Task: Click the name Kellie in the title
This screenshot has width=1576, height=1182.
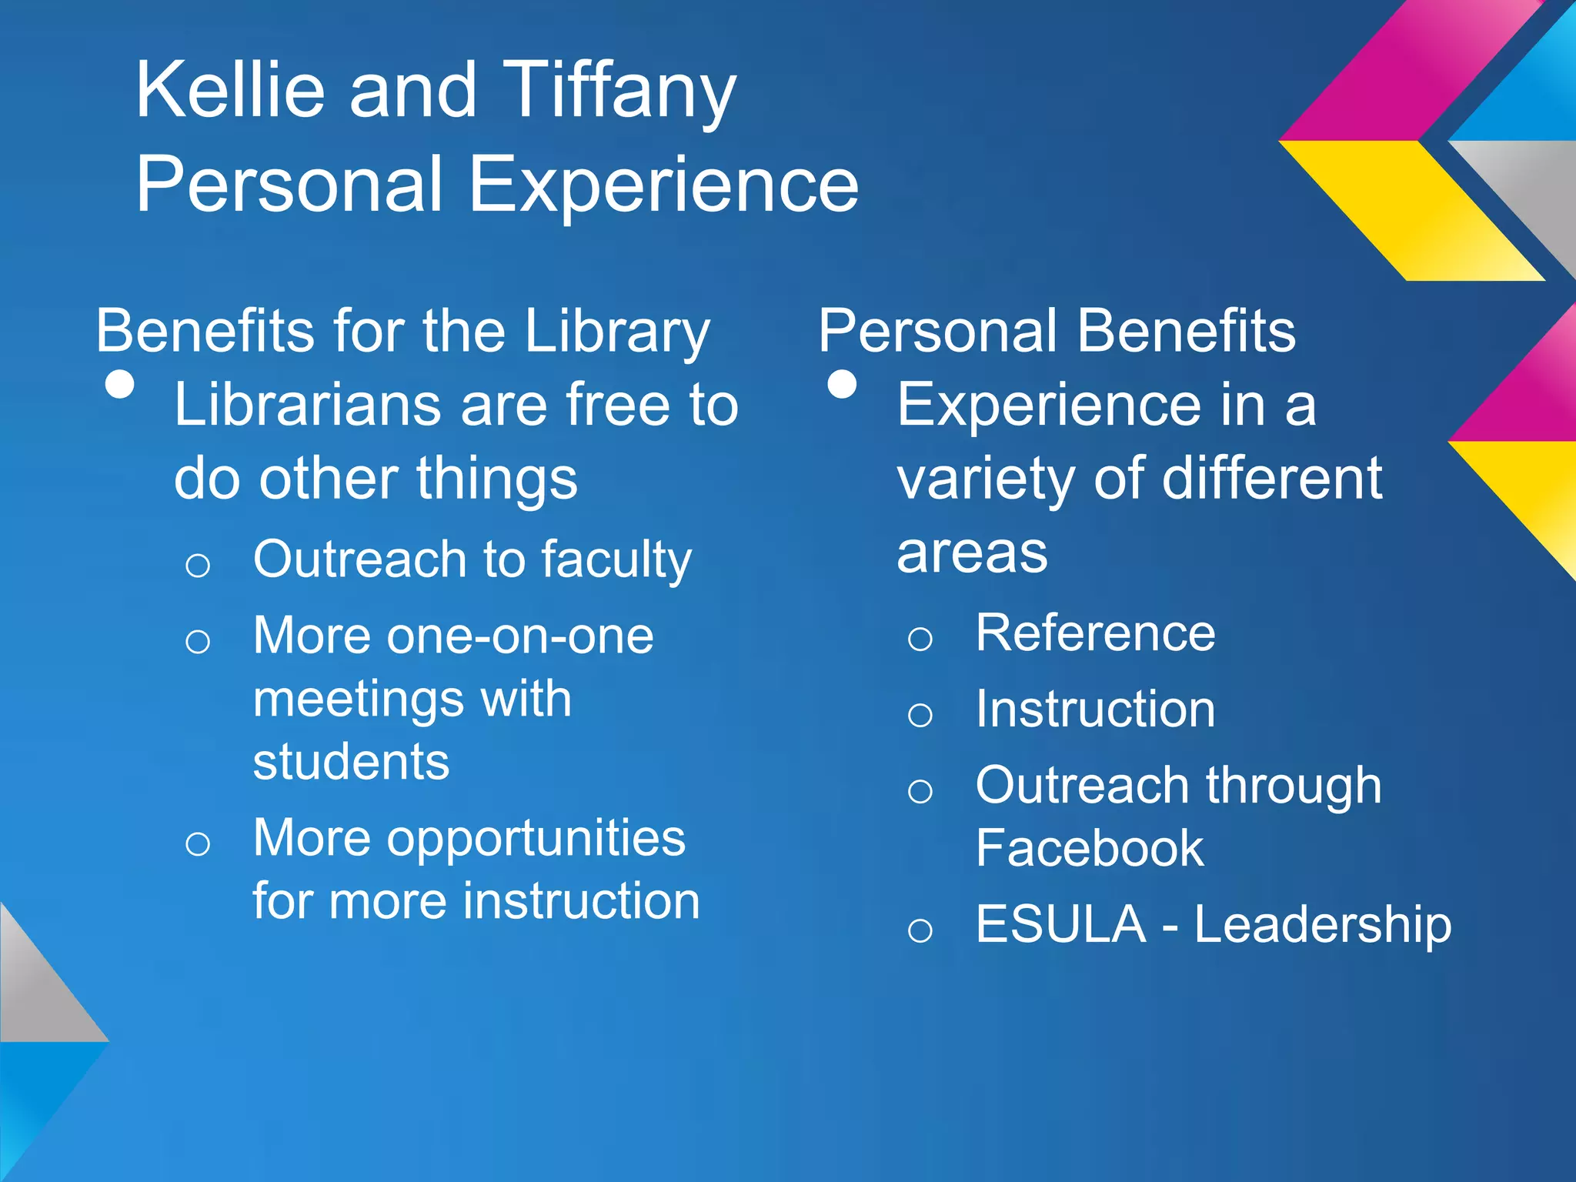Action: tap(229, 91)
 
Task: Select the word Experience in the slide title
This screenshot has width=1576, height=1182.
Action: tap(663, 185)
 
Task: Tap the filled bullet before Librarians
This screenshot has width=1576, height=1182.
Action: tap(119, 384)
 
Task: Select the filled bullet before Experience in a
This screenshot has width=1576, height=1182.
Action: tap(842, 384)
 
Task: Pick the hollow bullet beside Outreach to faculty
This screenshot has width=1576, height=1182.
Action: tap(198, 566)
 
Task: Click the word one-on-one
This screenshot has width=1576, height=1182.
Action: tap(520, 636)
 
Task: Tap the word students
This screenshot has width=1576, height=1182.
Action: tap(351, 762)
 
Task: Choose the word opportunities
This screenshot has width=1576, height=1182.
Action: tap(536, 839)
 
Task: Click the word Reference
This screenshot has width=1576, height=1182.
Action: tap(1095, 633)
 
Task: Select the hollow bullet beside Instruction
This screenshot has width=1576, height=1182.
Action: tap(920, 715)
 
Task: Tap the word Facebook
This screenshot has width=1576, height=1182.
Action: tap(1090, 849)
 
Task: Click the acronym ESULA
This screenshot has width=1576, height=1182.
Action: tap(1060, 924)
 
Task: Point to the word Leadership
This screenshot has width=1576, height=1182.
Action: tap(1322, 924)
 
